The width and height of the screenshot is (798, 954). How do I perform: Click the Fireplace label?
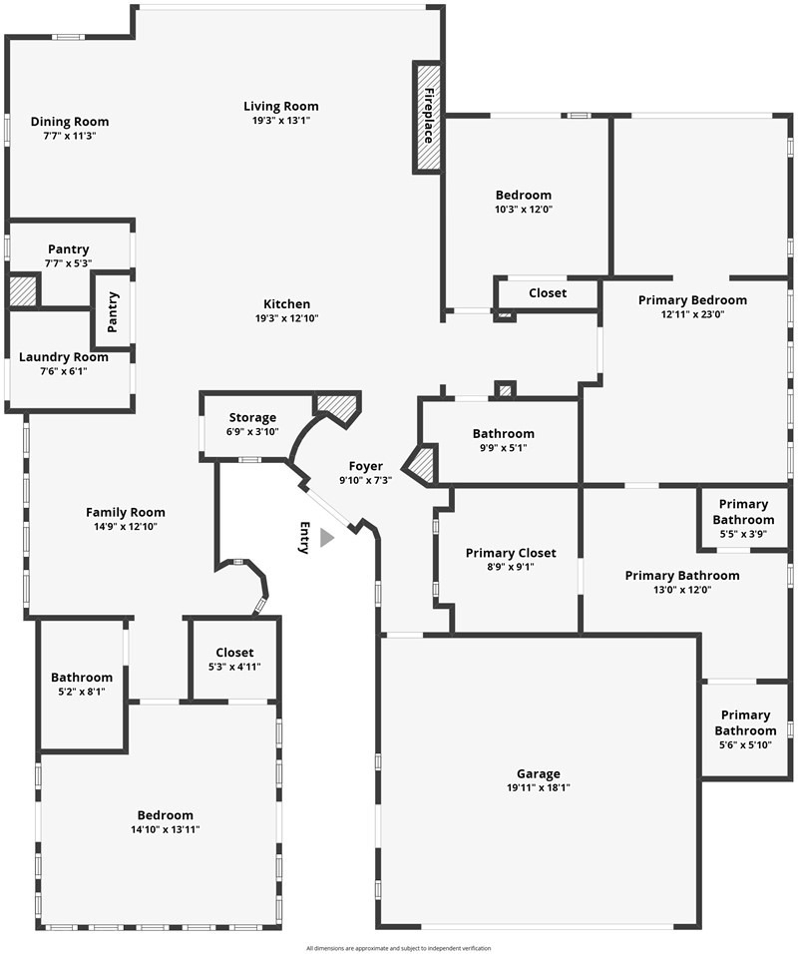point(429,116)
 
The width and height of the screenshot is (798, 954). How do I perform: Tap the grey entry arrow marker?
point(326,538)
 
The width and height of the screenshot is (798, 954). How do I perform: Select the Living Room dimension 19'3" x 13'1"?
point(281,121)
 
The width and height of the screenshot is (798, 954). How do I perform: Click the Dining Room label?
point(70,122)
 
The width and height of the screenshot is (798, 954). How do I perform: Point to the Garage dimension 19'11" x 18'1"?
point(539,788)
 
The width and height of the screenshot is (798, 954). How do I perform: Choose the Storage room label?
point(252,417)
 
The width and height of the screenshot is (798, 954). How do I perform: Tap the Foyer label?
point(365,466)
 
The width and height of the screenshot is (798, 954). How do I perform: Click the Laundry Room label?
point(63,357)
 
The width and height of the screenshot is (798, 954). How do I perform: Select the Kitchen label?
point(286,303)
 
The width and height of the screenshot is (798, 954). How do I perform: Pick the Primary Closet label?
point(511,553)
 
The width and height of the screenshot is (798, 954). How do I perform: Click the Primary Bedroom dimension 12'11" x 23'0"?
point(692,314)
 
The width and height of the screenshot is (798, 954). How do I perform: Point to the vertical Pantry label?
point(113,312)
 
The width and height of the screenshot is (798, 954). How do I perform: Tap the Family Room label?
point(126,512)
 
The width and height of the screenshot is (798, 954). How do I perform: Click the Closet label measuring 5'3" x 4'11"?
point(234,653)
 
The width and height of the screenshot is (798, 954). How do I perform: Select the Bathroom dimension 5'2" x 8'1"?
point(82,692)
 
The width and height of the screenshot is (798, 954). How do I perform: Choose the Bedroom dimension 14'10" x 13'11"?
point(166,829)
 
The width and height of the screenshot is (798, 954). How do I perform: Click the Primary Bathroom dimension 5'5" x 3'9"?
point(743,534)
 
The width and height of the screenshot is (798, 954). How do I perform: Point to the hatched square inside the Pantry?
point(23,291)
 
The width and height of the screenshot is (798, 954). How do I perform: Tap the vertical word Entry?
point(304,537)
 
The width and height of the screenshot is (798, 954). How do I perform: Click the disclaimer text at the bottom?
point(398,948)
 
